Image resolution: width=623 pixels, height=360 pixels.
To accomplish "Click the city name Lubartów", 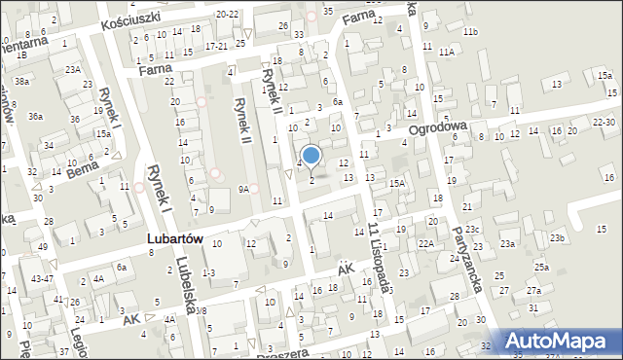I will click(176, 238).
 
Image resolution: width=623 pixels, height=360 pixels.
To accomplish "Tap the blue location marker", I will click(311, 156).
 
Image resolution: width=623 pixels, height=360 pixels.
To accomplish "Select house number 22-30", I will click(603, 122).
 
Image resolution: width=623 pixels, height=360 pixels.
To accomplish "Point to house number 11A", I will click(446, 51).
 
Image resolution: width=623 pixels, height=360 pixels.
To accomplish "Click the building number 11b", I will click(470, 32).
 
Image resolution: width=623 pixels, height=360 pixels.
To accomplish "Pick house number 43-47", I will click(42, 278).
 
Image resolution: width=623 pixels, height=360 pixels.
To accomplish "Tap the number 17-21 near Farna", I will click(216, 46).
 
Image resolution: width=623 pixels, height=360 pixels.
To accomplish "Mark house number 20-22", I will click(227, 15).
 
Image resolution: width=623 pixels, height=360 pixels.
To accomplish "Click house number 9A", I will click(244, 189).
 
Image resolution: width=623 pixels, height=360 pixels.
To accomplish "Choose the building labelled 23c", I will click(472, 229).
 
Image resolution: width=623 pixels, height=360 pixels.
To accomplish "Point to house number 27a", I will click(533, 290).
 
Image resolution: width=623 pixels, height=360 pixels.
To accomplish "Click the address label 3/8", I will click(200, 309).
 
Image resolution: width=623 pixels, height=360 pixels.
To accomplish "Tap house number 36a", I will click(35, 117).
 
